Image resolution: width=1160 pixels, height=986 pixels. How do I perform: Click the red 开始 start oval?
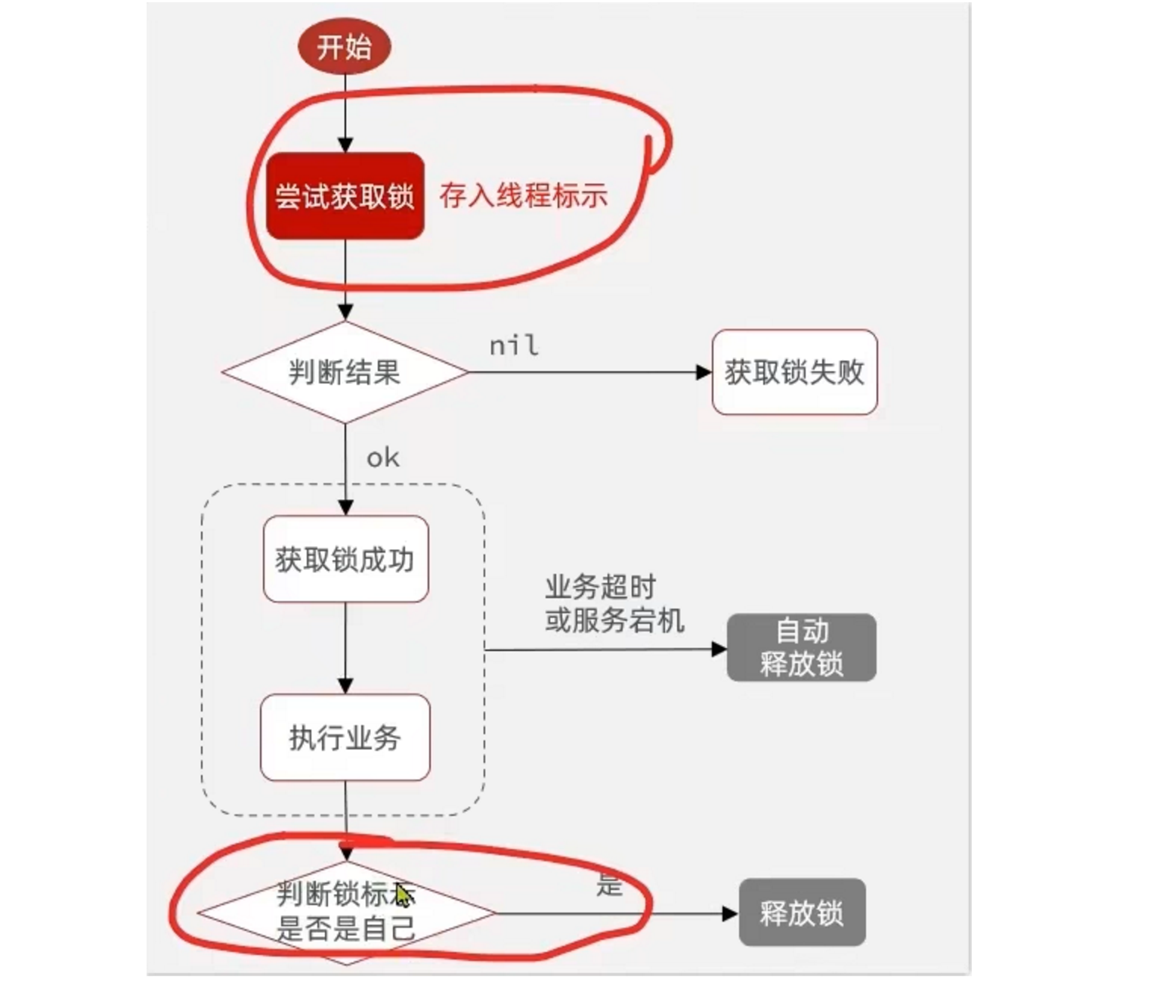(x=345, y=47)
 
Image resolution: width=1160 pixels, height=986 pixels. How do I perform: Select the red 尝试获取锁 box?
(x=345, y=196)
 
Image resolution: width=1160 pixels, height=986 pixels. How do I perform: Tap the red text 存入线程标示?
(x=523, y=196)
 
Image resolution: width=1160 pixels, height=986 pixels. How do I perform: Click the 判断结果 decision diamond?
(x=345, y=372)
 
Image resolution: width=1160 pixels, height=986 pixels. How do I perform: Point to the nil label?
(x=514, y=346)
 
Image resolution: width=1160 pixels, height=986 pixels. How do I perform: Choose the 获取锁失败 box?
(x=794, y=372)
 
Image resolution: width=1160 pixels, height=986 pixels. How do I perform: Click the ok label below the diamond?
(x=382, y=458)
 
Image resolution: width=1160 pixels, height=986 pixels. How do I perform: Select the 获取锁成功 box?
(x=345, y=560)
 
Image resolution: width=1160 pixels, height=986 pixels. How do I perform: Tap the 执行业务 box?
(x=345, y=737)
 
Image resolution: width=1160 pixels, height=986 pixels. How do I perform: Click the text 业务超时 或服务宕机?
(x=614, y=603)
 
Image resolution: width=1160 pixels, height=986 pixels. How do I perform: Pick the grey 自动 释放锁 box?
(x=801, y=648)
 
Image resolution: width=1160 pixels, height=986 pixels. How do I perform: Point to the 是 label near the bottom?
(x=609, y=883)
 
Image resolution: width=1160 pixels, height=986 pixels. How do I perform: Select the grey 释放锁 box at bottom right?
(x=802, y=913)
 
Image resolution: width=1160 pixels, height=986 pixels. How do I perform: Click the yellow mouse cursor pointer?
(x=404, y=896)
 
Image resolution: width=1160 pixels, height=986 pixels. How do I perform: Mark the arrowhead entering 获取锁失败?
(x=704, y=372)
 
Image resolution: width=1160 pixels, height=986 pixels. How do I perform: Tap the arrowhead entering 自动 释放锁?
(x=719, y=649)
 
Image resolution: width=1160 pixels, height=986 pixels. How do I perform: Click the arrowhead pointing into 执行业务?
(x=345, y=686)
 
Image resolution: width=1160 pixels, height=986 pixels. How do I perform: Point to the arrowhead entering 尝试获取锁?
(x=345, y=144)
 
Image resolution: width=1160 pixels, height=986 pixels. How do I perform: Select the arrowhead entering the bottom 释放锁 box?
(x=730, y=913)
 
